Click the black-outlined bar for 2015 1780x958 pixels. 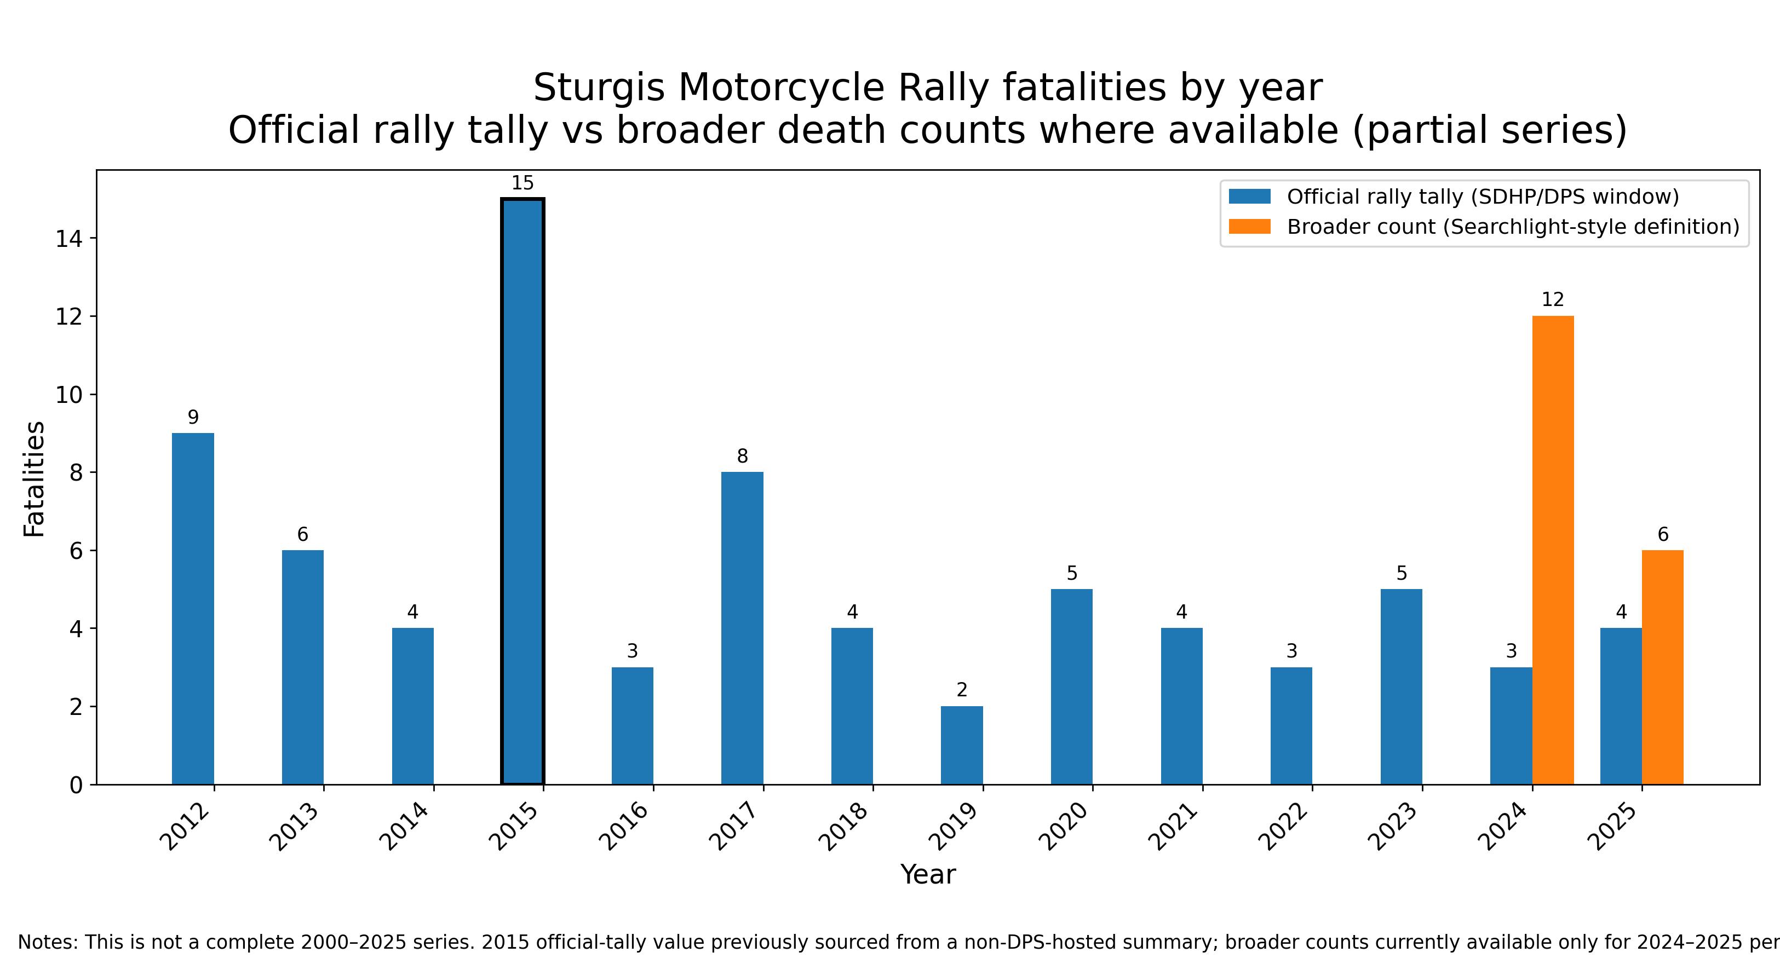522,491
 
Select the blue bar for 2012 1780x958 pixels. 193,609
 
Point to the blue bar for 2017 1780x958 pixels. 742,628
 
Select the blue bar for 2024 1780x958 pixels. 1511,725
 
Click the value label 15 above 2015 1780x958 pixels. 522,183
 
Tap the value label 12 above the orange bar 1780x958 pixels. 1553,300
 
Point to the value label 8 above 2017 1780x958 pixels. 742,456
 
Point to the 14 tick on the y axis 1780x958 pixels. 68,239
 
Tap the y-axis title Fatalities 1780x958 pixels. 34,478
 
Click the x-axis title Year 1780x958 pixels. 927,874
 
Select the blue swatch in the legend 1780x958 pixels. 1249,197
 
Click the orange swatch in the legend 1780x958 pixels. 1249,227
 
